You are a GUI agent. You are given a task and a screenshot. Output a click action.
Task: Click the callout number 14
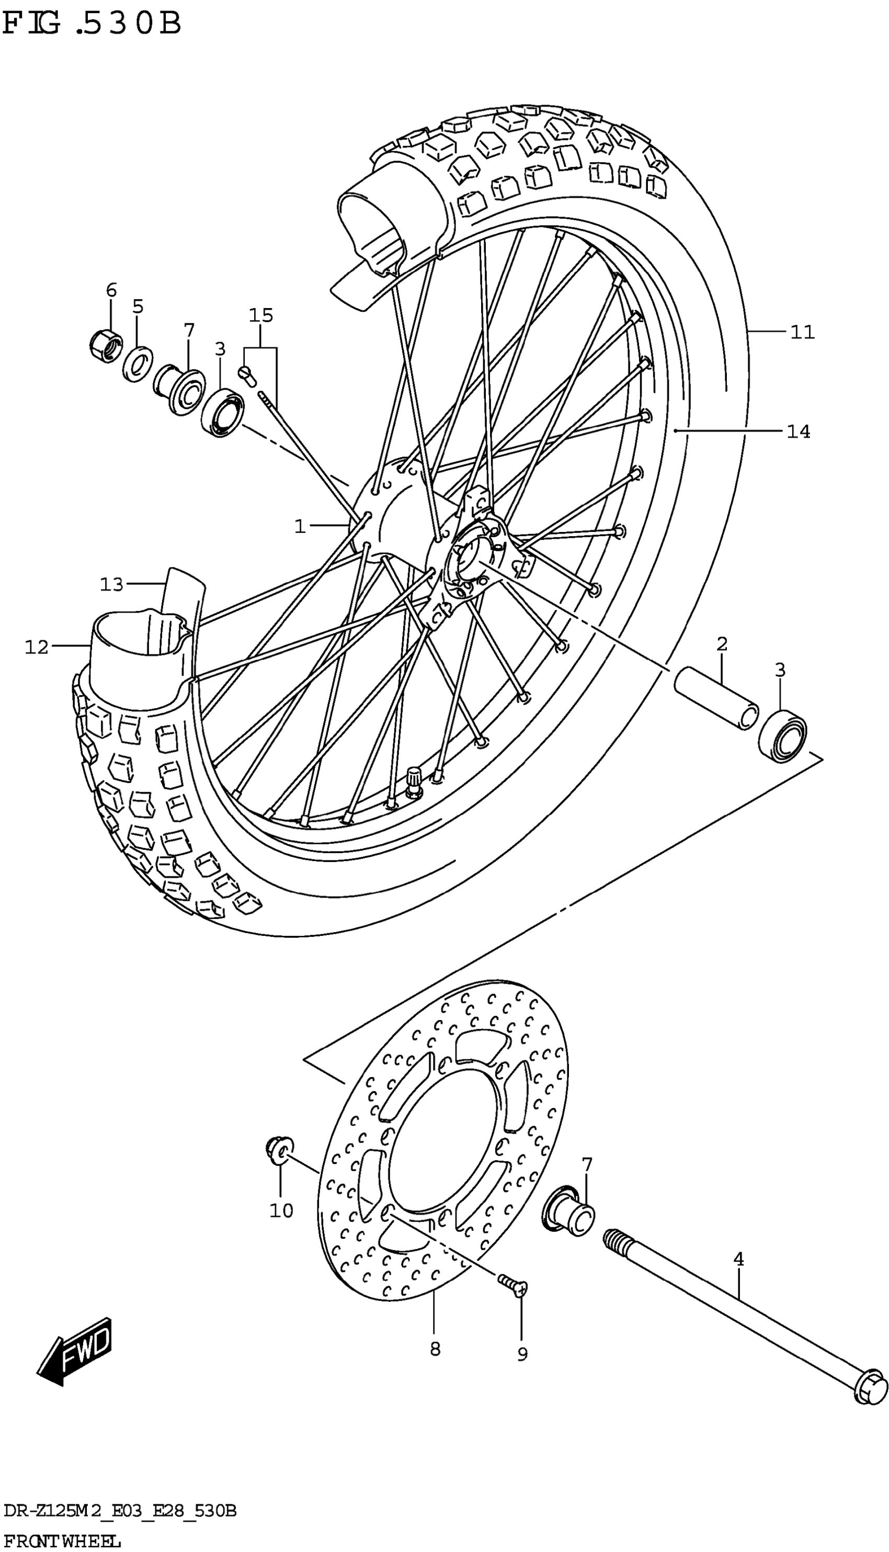798,432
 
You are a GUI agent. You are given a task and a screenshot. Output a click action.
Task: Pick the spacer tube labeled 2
716,697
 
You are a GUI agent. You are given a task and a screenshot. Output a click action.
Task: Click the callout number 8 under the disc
435,1349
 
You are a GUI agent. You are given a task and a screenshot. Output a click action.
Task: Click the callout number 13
112,584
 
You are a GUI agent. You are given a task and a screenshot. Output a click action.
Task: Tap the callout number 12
37,647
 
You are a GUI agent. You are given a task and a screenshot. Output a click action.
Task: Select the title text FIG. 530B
92,25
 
